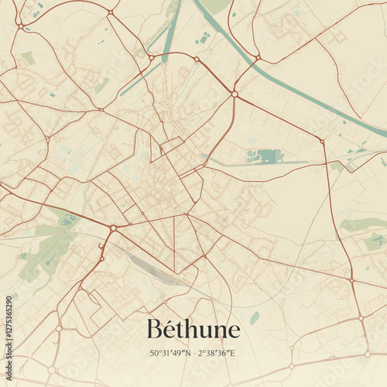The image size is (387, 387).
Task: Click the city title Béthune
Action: pos(193,329)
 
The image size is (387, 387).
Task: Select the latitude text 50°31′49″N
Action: pos(170,353)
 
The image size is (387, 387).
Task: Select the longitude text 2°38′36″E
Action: pos(217,353)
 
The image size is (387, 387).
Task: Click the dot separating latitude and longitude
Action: pos(193,353)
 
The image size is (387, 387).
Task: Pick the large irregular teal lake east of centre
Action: pos(265,156)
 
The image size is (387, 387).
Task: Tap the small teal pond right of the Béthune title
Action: pos(255,317)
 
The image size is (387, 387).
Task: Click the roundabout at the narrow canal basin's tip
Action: pos(151,57)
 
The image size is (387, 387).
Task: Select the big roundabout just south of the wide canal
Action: pos(234,94)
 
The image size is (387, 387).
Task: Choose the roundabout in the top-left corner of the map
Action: pos(20,26)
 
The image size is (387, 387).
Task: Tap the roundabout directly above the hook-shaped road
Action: pos(113,228)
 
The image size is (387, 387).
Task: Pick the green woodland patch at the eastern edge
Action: pos(362,224)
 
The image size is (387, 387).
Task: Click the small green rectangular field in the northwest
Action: pos(28,58)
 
